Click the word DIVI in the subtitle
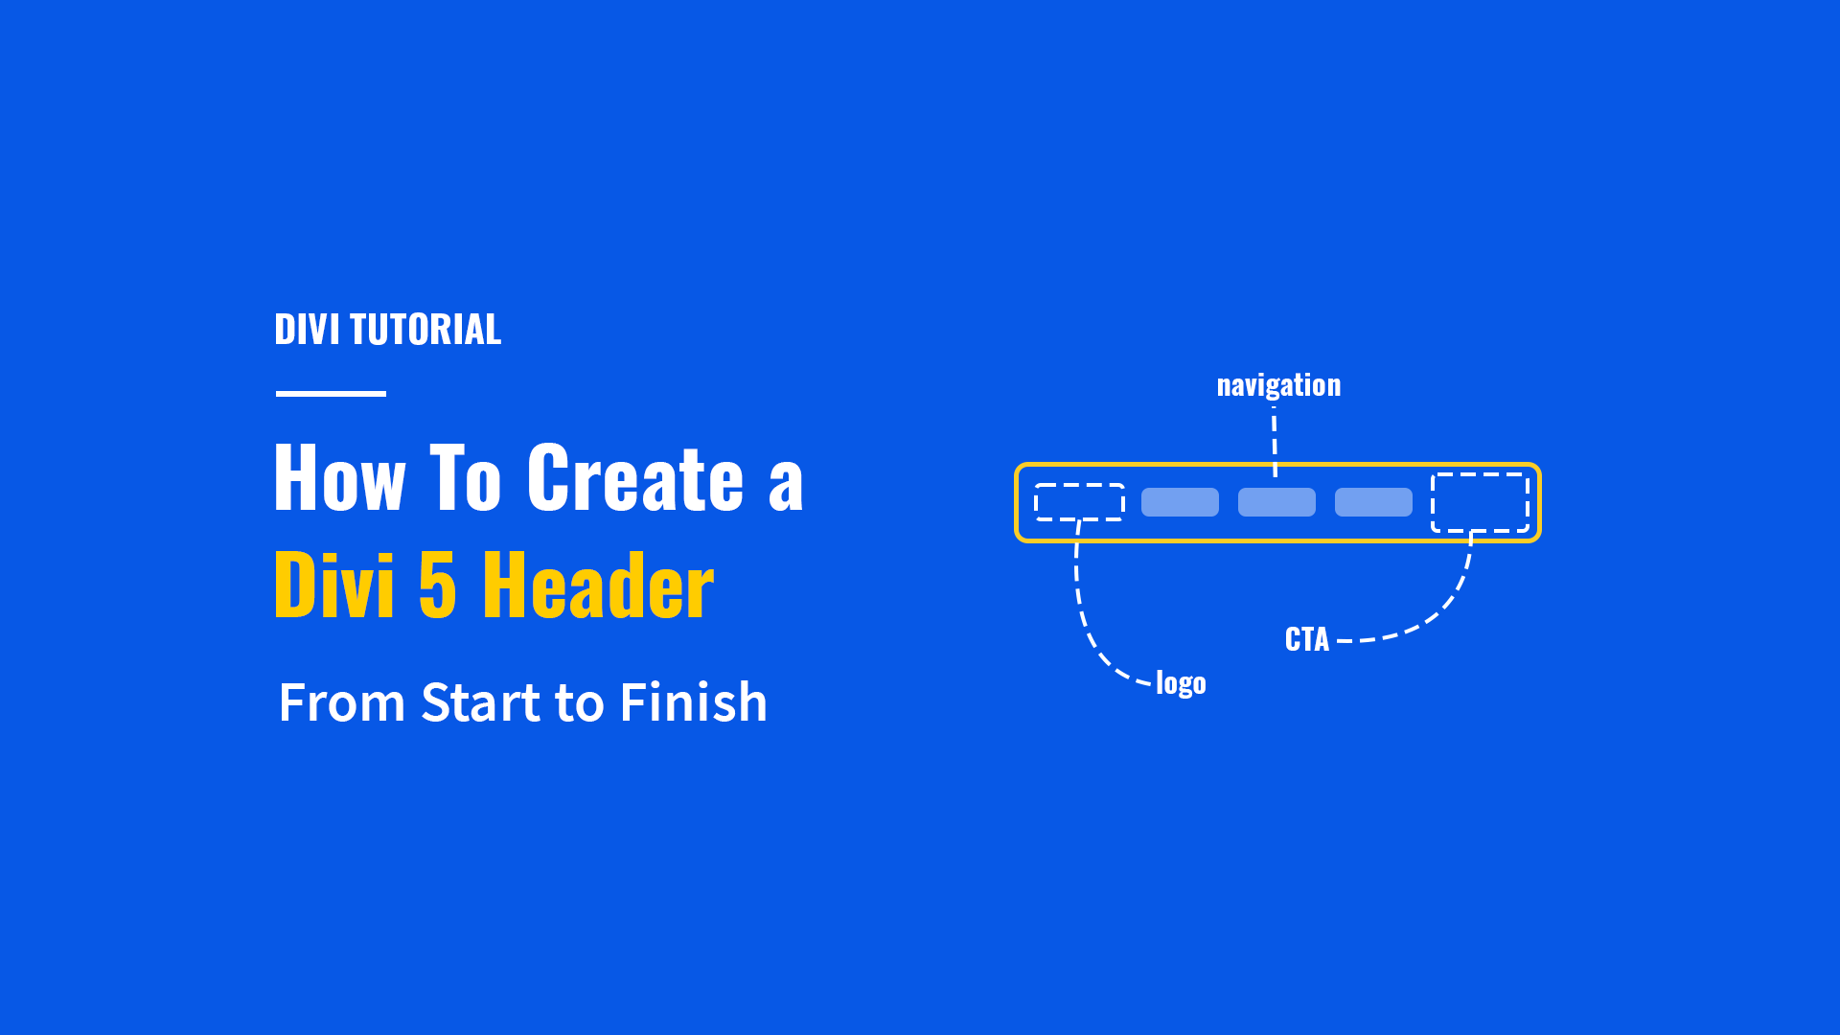(x=307, y=330)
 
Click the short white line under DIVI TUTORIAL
(x=331, y=393)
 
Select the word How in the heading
(x=339, y=478)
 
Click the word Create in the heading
(x=635, y=478)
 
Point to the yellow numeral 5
(x=437, y=586)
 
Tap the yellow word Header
(x=598, y=586)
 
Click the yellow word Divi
(x=334, y=586)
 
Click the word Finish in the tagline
(x=693, y=702)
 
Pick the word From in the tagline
(x=342, y=702)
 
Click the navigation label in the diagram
(x=1278, y=385)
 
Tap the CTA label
(x=1306, y=639)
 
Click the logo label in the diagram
(x=1181, y=683)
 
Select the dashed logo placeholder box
(x=1079, y=502)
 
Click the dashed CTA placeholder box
(x=1480, y=502)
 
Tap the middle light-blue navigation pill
(x=1276, y=502)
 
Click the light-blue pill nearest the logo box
(x=1180, y=502)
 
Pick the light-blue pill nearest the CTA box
(x=1373, y=502)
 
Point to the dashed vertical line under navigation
(x=1275, y=441)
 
